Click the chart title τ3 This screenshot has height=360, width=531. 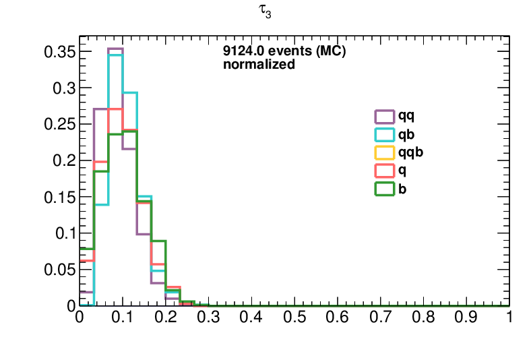tap(264, 11)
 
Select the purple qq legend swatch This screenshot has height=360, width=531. tap(384, 111)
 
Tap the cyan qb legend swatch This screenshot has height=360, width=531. tap(384, 129)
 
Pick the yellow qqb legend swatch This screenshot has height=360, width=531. tap(384, 147)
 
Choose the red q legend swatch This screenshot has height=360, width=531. tap(384, 165)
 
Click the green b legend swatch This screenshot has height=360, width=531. tap(384, 183)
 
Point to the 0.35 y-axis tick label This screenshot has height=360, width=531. tap(59, 52)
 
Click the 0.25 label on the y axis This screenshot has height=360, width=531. tap(59, 124)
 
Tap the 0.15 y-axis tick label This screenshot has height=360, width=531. tap(59, 197)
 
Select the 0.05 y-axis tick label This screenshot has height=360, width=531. tap(59, 270)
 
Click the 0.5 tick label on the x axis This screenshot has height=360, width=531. tap(294, 318)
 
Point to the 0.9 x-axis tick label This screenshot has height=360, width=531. tap(466, 318)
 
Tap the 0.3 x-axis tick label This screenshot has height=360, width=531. tap(208, 318)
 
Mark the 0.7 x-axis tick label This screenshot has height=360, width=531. tap(380, 318)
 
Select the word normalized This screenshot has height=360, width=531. tap(259, 64)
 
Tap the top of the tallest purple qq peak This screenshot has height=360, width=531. tap(115, 49)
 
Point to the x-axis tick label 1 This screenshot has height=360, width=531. tap(509, 318)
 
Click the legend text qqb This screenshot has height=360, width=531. tap(411, 153)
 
